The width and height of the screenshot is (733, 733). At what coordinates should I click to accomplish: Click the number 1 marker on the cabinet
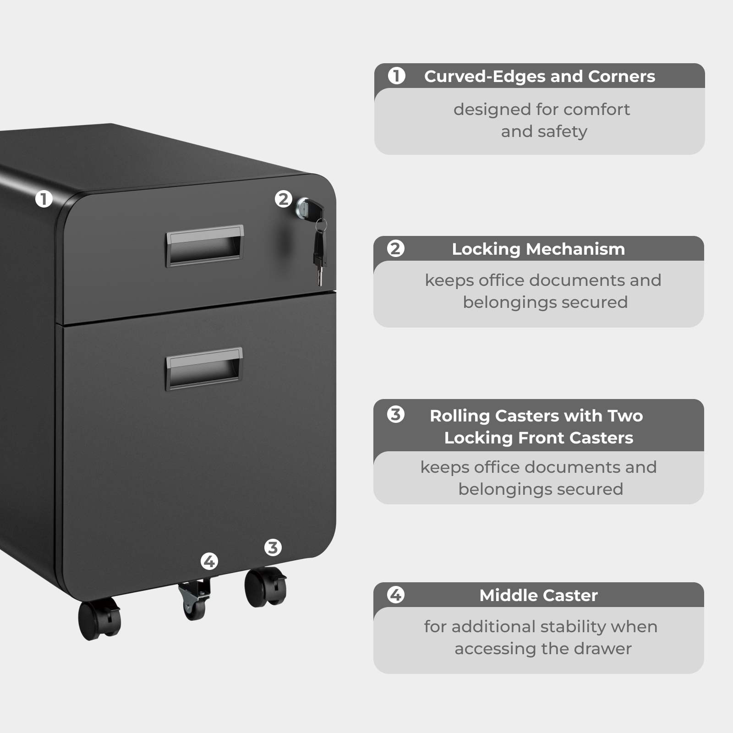(44, 199)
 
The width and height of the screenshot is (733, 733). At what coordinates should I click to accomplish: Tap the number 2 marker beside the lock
(283, 199)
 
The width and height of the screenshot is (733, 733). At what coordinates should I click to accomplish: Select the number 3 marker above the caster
(273, 547)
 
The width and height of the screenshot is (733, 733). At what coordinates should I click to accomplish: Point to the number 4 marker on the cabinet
(209, 561)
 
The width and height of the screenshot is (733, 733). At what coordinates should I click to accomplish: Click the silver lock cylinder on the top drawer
(303, 207)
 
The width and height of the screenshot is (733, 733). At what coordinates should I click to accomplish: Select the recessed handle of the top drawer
(204, 246)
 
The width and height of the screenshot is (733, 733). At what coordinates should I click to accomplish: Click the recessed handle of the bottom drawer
(204, 368)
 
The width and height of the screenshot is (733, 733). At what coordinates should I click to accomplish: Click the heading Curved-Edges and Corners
(539, 76)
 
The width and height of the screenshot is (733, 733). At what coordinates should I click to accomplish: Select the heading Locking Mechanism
(538, 249)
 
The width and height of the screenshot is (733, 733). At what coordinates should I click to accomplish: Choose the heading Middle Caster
(538, 595)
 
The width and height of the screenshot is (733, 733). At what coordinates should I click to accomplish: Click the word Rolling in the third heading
(459, 416)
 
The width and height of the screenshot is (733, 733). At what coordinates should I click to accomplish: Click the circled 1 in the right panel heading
(396, 76)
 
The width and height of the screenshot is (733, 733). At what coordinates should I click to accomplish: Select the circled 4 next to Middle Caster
(395, 595)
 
